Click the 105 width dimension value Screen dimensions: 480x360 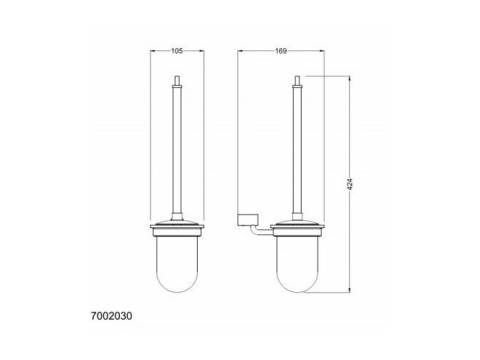click(177, 51)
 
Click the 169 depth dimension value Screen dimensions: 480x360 click(281, 51)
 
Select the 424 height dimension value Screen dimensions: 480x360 click(350, 184)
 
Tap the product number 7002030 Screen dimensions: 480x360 click(112, 316)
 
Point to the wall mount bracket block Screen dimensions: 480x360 click(248, 219)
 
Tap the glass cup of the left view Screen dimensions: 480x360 click(177, 264)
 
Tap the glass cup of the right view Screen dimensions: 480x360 click(297, 264)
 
